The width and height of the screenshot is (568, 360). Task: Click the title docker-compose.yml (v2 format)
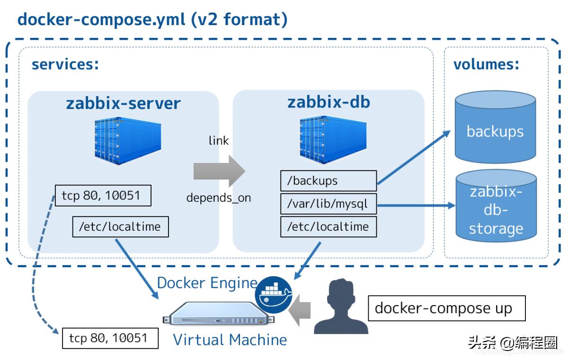click(152, 20)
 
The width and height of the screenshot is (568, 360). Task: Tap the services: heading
click(65, 64)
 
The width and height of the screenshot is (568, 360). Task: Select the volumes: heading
click(486, 64)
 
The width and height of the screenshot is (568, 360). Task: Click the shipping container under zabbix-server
click(127, 141)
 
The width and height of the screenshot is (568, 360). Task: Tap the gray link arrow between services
click(219, 171)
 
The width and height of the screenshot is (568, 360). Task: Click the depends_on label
click(219, 198)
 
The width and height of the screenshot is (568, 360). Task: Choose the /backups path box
click(328, 180)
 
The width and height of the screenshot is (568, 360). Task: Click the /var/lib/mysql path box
click(328, 205)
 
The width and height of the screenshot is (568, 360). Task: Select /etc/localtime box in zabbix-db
click(328, 227)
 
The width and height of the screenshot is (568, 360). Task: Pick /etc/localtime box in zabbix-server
click(120, 227)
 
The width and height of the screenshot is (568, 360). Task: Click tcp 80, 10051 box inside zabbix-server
click(103, 196)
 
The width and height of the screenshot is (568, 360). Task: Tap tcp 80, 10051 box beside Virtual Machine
click(110, 338)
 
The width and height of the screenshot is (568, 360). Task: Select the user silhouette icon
click(341, 307)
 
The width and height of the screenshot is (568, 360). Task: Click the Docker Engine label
click(207, 283)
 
